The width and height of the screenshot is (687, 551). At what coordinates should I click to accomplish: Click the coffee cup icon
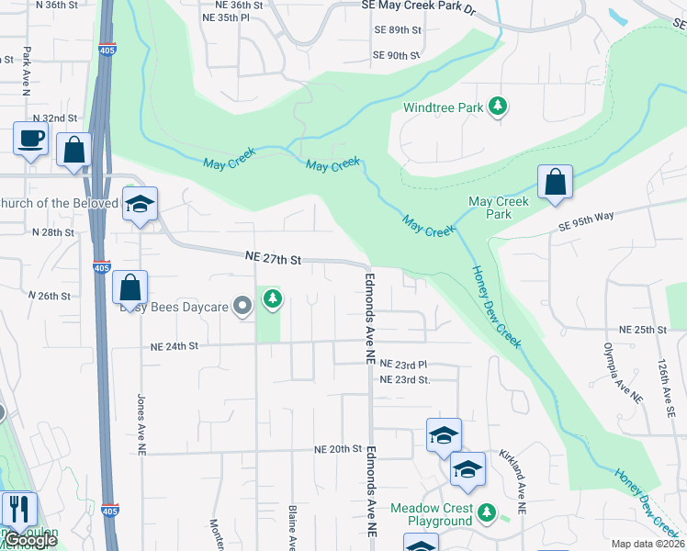point(30,140)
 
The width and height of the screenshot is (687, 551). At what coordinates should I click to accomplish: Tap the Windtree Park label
point(443,107)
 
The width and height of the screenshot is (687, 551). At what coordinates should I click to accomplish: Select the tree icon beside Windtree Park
point(498,107)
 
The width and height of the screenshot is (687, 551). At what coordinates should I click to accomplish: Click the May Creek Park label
point(499,208)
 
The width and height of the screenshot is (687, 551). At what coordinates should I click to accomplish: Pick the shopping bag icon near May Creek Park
point(555,182)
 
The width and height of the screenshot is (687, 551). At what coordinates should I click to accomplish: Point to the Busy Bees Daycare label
point(173,307)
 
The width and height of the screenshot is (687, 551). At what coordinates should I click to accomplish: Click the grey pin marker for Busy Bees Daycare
point(242,305)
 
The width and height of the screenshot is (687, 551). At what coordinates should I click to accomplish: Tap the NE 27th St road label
point(273,260)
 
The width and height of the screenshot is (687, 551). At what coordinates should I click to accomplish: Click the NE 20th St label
point(339,449)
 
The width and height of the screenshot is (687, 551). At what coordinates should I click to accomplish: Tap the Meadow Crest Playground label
point(432,514)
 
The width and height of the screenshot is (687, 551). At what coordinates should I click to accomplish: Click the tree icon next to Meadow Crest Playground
point(488,513)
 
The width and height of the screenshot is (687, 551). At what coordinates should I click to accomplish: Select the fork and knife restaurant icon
point(18,508)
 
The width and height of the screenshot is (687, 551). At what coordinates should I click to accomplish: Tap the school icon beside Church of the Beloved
point(141,204)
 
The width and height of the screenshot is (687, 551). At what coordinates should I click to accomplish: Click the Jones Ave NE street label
point(141,425)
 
